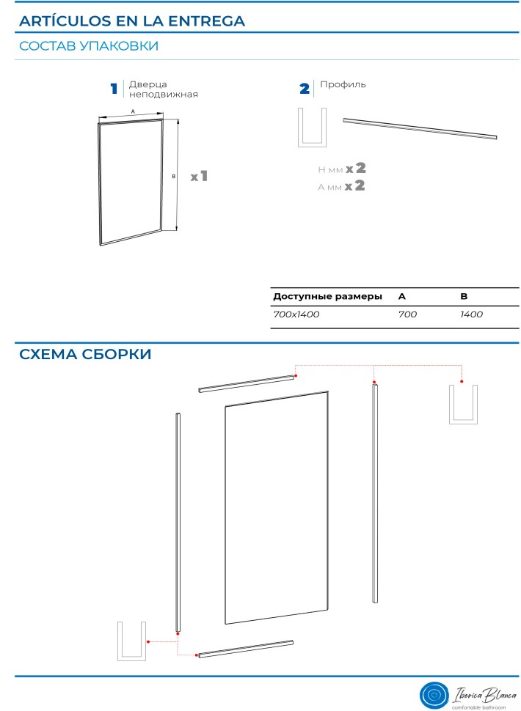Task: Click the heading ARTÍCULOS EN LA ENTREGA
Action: [x=132, y=21]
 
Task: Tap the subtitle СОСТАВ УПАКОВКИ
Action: [x=89, y=45]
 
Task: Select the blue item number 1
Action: [x=114, y=89]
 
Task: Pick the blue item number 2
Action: [x=305, y=89]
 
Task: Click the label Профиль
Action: [x=343, y=84]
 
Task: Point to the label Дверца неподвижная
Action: [x=164, y=89]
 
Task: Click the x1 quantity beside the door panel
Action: [x=200, y=176]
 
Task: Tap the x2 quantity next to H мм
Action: [x=356, y=169]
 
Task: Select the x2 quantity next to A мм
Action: [x=355, y=185]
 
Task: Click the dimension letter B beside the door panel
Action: [x=173, y=176]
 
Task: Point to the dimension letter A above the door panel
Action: [x=133, y=111]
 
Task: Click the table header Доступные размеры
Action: [x=328, y=297]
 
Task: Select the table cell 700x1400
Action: [x=296, y=314]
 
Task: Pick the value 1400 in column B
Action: [x=472, y=314]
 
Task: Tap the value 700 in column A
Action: [x=407, y=314]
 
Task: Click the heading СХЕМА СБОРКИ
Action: [x=85, y=354]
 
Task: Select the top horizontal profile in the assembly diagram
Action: [x=247, y=383]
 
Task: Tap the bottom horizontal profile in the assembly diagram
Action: [x=245, y=649]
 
